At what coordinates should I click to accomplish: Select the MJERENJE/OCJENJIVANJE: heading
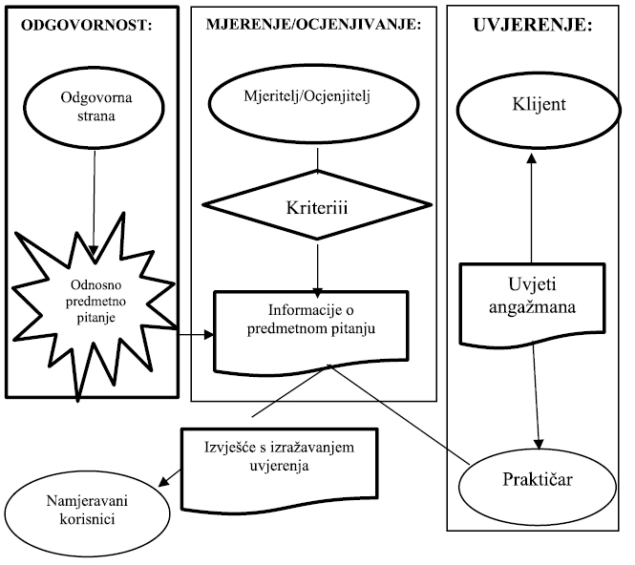(313, 28)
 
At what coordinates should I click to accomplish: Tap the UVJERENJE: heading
(532, 26)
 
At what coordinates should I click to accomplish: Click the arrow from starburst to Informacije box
(193, 335)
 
